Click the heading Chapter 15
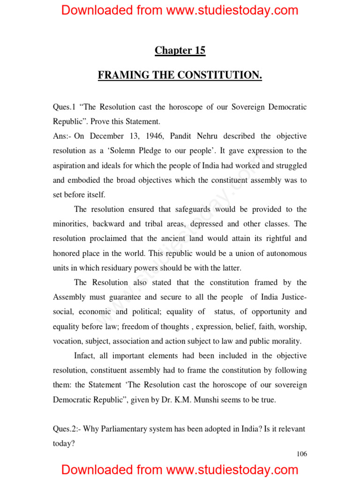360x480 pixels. click(x=180, y=51)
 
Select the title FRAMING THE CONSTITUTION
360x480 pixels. click(x=180, y=75)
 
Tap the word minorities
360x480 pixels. click(x=70, y=224)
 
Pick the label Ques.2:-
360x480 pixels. click(x=68, y=429)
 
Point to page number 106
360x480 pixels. click(x=302, y=454)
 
